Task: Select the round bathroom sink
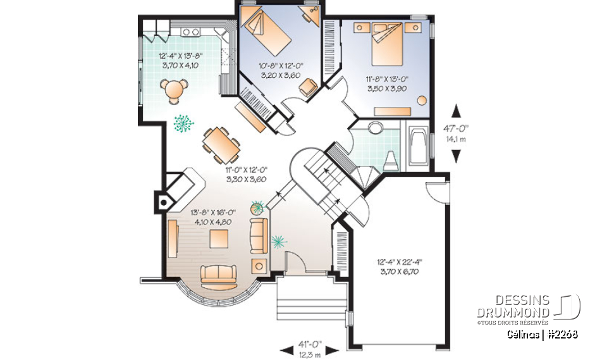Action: coord(375,130)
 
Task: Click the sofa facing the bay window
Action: coord(218,274)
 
